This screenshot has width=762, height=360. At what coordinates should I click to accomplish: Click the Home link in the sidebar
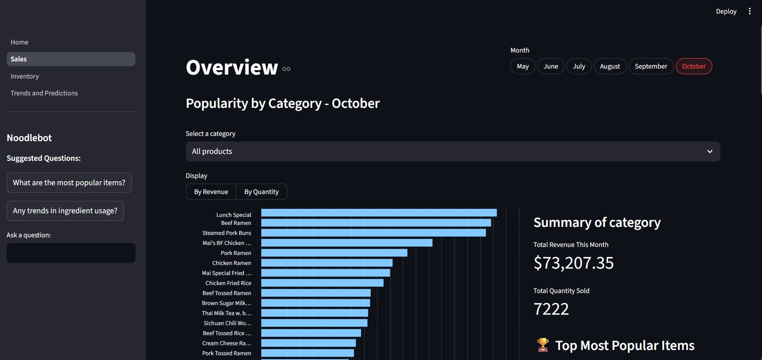tap(20, 42)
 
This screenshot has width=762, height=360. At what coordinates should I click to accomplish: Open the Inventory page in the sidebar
tap(25, 76)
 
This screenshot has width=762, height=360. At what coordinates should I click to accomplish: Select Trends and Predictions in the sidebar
tap(44, 93)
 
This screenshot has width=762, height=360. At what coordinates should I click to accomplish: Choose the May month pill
tap(522, 66)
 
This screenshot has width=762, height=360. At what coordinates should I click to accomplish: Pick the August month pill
tap(610, 66)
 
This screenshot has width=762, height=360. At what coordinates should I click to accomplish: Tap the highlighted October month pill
tap(693, 66)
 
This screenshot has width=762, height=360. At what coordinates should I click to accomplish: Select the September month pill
tap(651, 66)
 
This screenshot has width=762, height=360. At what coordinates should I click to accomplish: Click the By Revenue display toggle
tap(211, 192)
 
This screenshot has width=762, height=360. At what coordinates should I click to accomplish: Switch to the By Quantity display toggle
tap(261, 192)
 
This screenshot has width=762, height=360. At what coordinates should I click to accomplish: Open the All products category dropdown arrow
tap(710, 152)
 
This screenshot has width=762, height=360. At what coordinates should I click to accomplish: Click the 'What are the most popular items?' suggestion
tap(69, 183)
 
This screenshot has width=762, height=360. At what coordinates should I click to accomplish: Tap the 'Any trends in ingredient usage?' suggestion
tap(65, 211)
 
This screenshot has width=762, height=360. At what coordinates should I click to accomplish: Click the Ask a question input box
tap(71, 253)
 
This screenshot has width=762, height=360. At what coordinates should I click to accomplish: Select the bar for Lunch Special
tap(379, 213)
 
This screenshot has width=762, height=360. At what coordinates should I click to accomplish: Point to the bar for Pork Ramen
tap(334, 253)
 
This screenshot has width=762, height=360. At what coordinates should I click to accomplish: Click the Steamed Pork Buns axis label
tap(227, 233)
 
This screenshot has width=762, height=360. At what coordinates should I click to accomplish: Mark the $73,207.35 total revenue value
tap(573, 263)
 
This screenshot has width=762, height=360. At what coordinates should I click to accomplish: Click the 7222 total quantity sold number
tap(551, 309)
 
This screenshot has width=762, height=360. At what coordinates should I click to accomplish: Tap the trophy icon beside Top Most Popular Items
tap(543, 345)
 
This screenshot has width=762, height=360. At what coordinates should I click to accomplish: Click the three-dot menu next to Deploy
tap(750, 11)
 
